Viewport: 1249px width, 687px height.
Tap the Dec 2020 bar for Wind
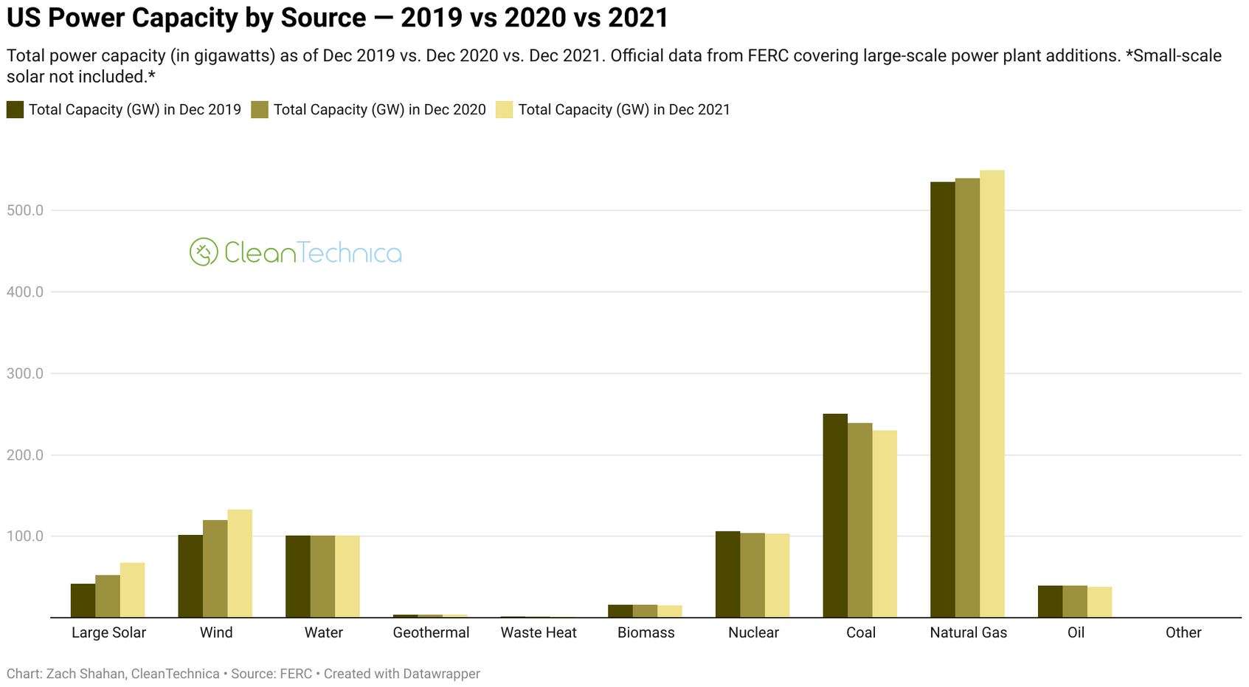click(x=215, y=568)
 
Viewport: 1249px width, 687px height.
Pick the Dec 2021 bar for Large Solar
click(x=132, y=590)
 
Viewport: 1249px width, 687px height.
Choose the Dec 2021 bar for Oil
click(x=1099, y=601)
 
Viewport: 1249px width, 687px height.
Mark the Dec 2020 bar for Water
click(x=322, y=576)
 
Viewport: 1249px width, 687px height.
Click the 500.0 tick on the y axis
click(x=25, y=210)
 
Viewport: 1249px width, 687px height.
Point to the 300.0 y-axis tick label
click(x=25, y=373)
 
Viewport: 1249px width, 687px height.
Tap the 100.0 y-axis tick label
click(x=25, y=536)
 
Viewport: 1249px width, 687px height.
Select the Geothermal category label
click(x=431, y=632)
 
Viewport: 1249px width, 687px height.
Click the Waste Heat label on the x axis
click(x=539, y=632)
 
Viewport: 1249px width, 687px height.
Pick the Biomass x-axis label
click(x=646, y=632)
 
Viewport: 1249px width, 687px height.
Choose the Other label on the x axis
click(x=1183, y=632)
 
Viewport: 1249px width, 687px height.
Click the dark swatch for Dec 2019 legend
click(x=15, y=110)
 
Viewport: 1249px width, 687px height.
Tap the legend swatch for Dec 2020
click(x=260, y=110)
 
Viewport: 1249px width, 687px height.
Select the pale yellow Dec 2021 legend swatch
click(x=505, y=110)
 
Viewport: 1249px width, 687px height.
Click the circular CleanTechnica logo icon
click(x=204, y=252)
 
